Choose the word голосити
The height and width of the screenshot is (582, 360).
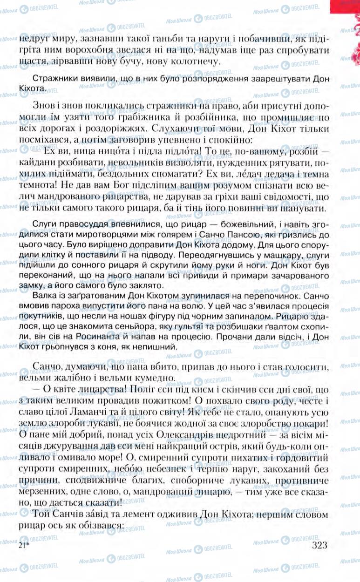pyautogui.click(x=306, y=367)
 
